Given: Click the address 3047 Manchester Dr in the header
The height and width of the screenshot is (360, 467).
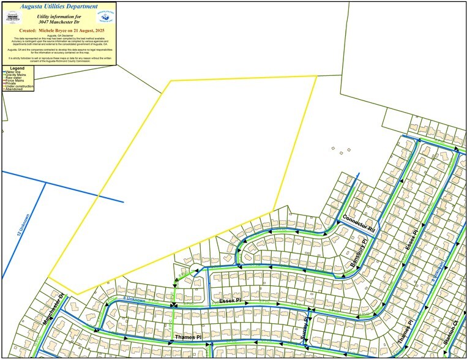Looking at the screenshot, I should pyautogui.click(x=60, y=21).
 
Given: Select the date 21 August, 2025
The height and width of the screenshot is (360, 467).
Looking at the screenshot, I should pyautogui.click(x=91, y=29).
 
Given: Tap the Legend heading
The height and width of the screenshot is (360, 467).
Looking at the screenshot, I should pyautogui.click(x=17, y=68).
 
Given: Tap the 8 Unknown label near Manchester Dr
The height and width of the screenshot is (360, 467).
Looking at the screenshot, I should pyautogui.click(x=133, y=300).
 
